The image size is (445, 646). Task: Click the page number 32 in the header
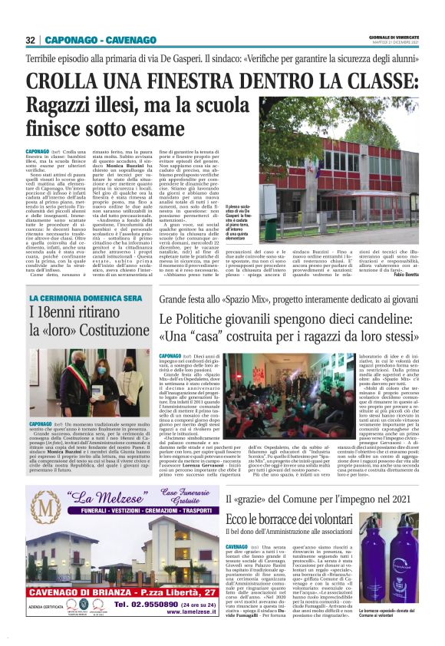30,40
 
